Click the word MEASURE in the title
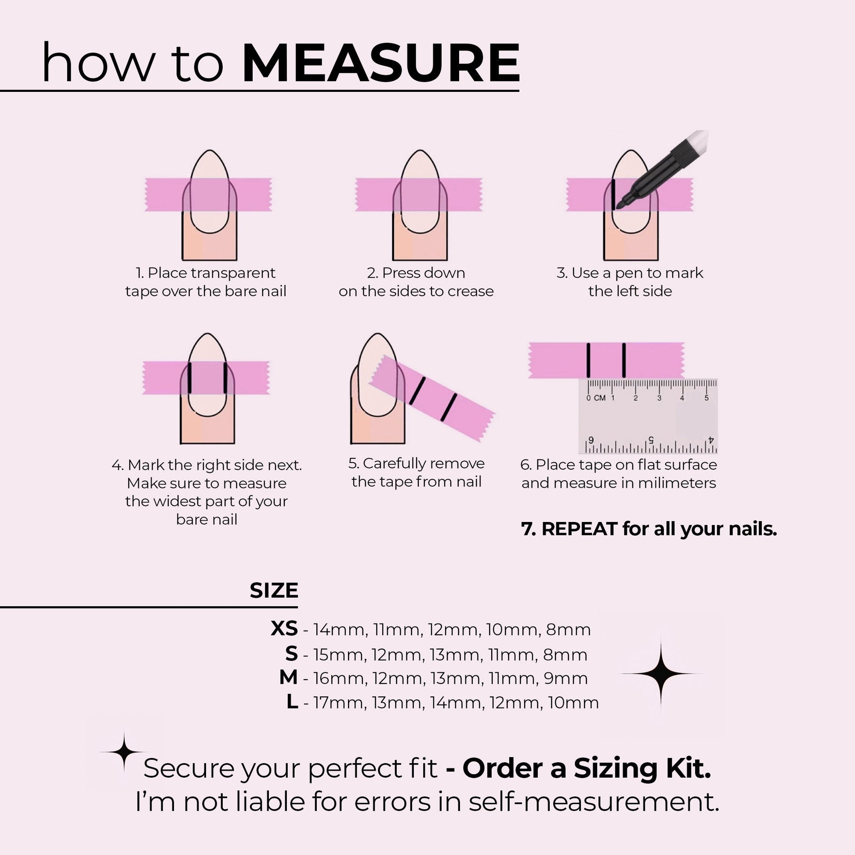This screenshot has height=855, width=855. tap(380, 63)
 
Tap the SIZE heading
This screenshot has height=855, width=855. tap(274, 591)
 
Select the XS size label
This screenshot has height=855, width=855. tap(284, 628)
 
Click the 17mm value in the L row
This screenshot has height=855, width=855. tap(340, 703)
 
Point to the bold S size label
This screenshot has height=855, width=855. tap(291, 653)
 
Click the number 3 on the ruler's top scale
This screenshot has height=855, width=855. tap(659, 398)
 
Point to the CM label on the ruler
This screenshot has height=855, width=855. tap(600, 398)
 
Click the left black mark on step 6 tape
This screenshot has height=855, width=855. tap(588, 360)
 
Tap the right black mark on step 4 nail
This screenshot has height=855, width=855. tap(225, 378)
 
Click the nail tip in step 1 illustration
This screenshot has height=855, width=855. tap(209, 155)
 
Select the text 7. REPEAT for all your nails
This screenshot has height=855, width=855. tap(649, 529)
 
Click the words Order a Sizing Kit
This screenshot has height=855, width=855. tap(587, 769)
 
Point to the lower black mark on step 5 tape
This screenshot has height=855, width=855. tap(448, 407)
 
